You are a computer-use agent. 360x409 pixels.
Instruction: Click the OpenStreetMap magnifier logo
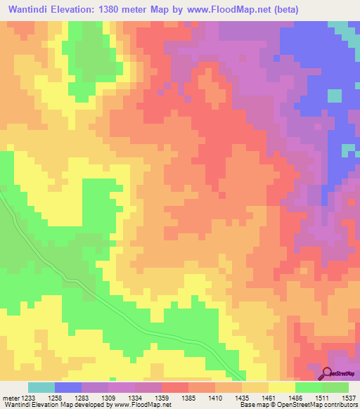tap(328, 372)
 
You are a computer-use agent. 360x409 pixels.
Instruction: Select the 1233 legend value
tap(30, 398)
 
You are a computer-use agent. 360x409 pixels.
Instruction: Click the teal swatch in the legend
tap(41, 387)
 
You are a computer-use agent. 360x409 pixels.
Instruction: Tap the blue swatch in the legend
tap(68, 387)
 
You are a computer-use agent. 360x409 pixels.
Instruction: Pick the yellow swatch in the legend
tap(281, 387)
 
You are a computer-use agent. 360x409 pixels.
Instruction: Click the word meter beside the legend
tap(11, 398)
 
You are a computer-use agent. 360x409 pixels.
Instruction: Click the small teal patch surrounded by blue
tap(335, 95)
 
